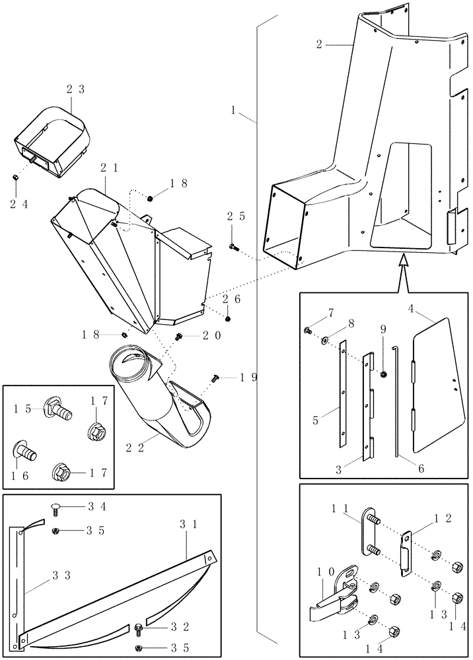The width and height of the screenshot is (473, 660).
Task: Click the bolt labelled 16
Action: pos(27,453)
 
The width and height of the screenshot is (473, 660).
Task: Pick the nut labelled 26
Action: pos(228,319)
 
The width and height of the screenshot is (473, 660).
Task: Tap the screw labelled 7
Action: pos(307,330)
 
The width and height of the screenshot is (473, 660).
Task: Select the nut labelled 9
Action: pos(382,375)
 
